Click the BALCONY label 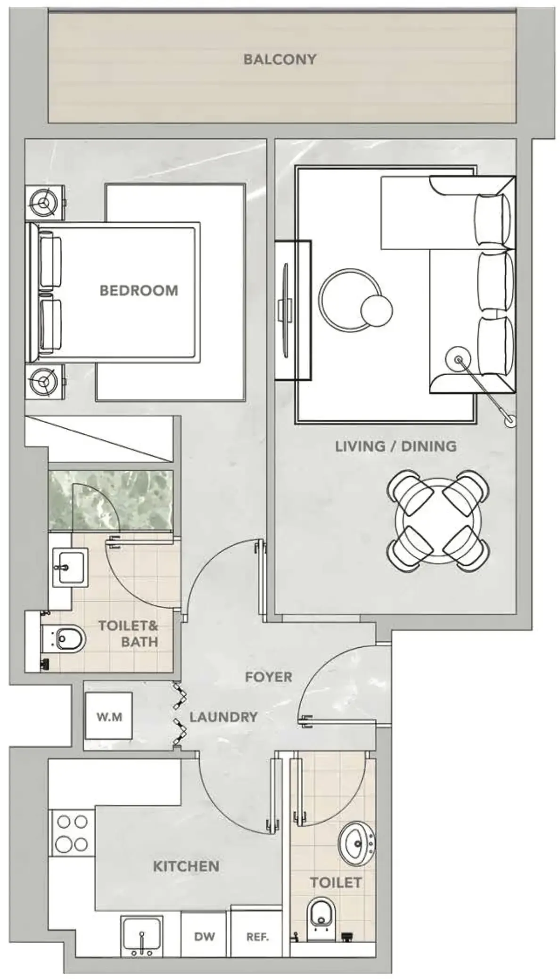pos(280,59)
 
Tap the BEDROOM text pos(139,290)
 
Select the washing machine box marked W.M pos(109,717)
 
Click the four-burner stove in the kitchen pos(72,833)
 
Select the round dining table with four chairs pos(438,522)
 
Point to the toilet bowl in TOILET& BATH pos(70,639)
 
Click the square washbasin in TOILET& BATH pos(70,567)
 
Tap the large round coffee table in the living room pos(349,299)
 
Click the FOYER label pos(268,677)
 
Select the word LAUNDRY pos(223,717)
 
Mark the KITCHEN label pos(186,866)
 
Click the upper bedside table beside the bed pos(45,203)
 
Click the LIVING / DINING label pos(395,446)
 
